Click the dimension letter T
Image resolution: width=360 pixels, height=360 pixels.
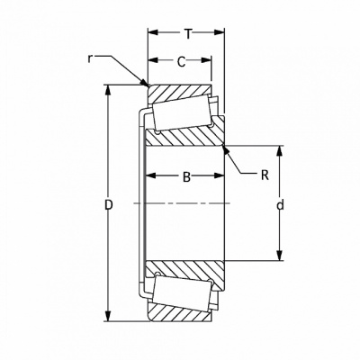[188, 34]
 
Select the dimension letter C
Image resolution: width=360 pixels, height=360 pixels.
[181, 62]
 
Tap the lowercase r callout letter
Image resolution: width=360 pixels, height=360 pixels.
[89, 59]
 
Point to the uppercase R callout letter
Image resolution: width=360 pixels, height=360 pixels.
[265, 175]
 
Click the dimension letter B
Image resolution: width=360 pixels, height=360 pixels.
[186, 177]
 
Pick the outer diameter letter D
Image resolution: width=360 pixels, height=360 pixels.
[109, 205]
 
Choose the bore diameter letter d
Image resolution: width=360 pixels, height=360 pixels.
[280, 205]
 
